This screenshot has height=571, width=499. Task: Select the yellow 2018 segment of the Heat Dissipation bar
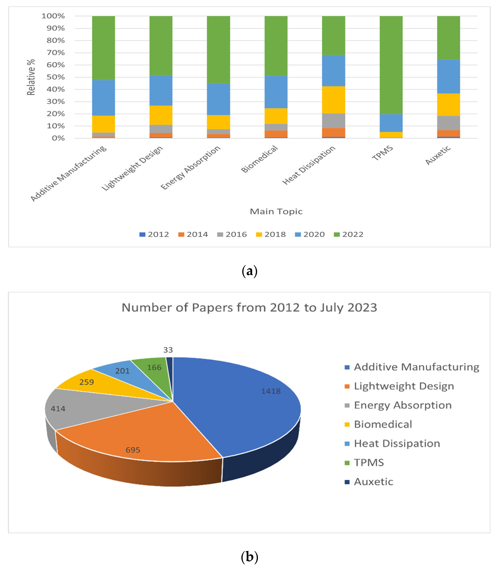[x=333, y=100]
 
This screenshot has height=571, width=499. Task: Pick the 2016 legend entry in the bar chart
[x=232, y=234]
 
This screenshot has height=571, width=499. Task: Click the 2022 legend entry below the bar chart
[x=349, y=234]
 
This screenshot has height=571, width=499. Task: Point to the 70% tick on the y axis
[x=56, y=53]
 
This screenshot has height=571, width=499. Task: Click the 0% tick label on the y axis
[x=58, y=138]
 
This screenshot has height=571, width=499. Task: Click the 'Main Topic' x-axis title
[x=276, y=212]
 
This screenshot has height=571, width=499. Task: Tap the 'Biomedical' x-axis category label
[x=259, y=159]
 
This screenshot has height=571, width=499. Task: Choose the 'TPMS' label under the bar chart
[x=383, y=153]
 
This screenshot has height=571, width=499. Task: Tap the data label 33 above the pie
[x=168, y=350]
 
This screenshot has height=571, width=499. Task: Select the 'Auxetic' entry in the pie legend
[x=373, y=482]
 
